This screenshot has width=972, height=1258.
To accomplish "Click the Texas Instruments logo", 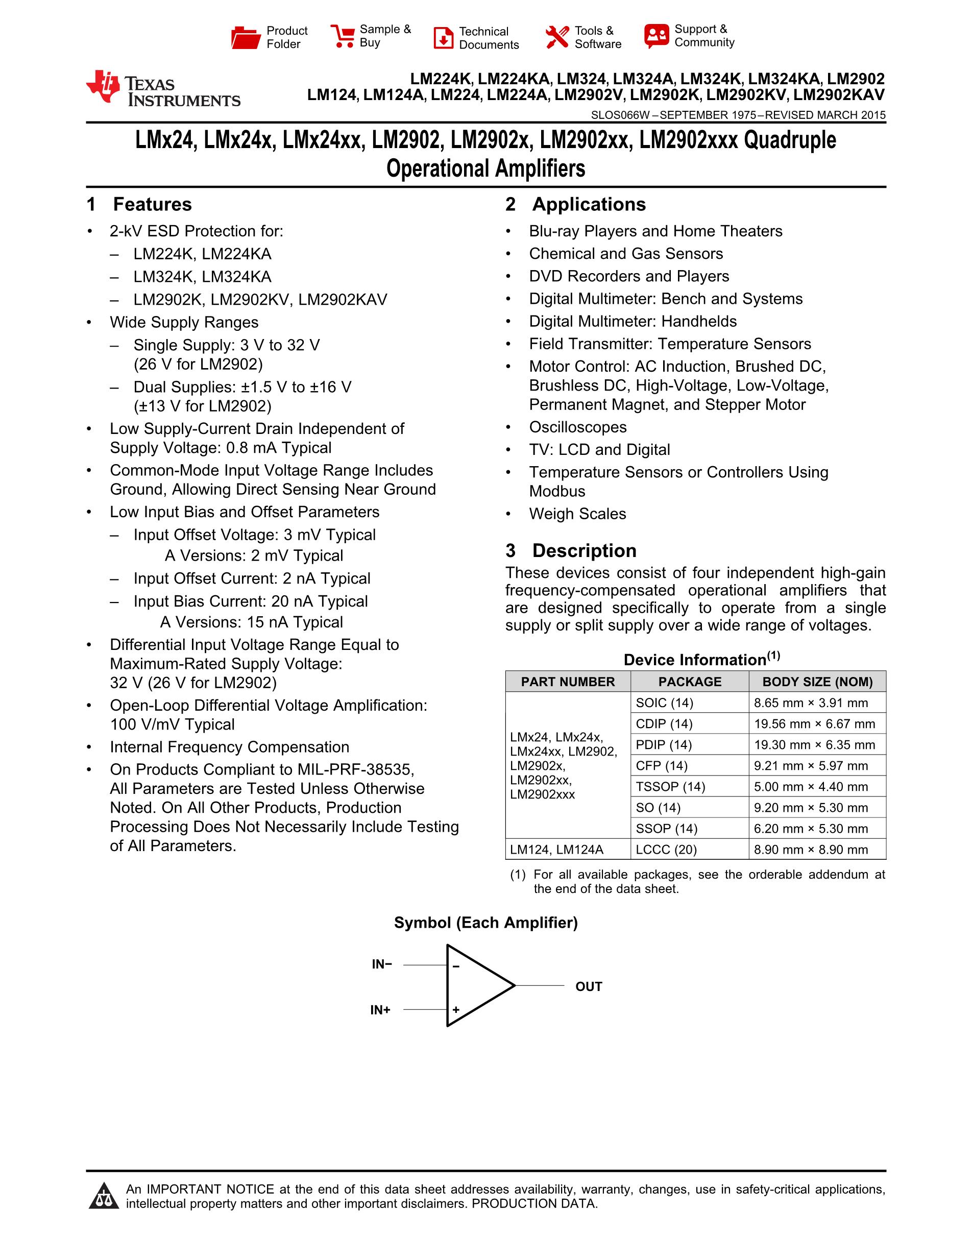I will pos(162,89).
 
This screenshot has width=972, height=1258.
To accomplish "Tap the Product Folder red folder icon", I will pos(246,37).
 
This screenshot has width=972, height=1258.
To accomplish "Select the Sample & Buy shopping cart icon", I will pos(343,36).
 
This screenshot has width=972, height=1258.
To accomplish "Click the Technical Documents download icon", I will pos(443,38).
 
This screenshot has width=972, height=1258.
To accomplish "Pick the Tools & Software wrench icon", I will pos(556,37).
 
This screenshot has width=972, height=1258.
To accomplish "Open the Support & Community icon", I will pos(657,36).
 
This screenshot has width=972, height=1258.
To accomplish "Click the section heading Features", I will pos(152,205).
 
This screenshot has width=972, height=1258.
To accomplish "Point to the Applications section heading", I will pos(589,205).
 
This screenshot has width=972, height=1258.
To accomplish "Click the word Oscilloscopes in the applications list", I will pos(577,427).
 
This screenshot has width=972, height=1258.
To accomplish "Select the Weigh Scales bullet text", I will pos(577,514).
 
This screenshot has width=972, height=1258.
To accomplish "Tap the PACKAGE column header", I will pos(689,682).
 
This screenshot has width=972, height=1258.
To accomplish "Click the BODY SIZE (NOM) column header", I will pos(817,682).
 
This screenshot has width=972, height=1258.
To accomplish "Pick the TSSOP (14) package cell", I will pos(670,787).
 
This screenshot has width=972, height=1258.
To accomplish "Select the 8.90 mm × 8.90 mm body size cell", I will pos(811,850).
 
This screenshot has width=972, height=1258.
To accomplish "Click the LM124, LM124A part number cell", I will pos(556,850).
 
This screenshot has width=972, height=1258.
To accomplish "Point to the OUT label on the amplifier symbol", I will pos(589,987).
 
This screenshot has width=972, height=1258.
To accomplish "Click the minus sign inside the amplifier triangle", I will pos(455,966).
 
